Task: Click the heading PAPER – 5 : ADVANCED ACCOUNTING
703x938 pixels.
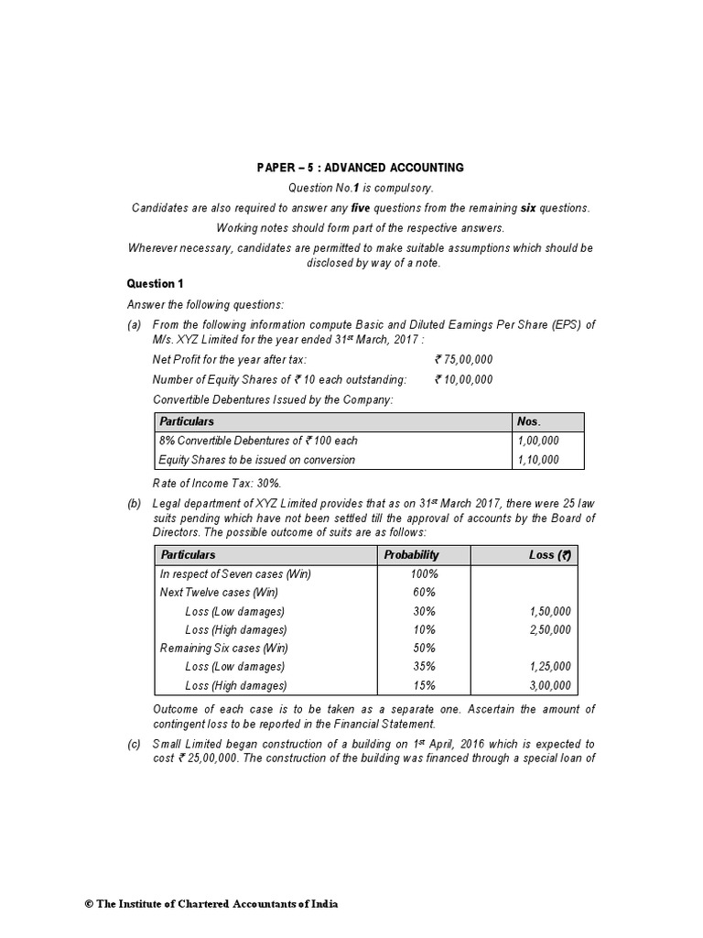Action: click(360, 168)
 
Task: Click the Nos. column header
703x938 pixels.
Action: click(530, 421)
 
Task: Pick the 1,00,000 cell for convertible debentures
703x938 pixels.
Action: click(538, 441)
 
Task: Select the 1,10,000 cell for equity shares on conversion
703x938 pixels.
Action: click(538, 460)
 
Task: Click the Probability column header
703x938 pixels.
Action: click(411, 554)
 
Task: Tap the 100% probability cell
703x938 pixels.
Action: click(425, 573)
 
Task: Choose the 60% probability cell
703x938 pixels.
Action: click(425, 593)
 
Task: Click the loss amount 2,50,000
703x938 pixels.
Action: click(549, 629)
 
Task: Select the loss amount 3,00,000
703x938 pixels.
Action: click(549, 685)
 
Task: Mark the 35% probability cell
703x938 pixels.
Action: click(425, 667)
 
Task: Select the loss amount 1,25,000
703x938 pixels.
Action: click(549, 667)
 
